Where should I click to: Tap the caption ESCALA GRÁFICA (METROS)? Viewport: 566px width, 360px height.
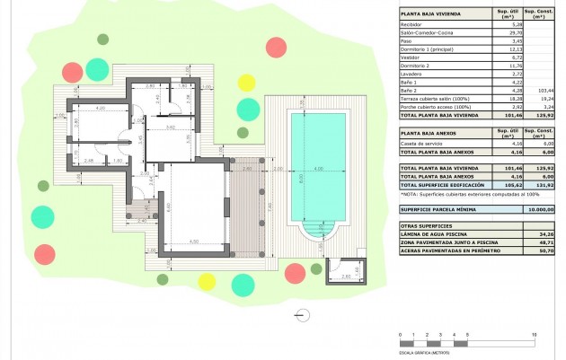click(x=425, y=354)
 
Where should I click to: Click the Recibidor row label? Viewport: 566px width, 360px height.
click(x=412, y=24)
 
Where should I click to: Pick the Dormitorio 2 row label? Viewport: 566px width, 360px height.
click(x=416, y=65)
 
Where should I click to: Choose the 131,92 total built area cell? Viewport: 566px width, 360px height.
click(x=541, y=184)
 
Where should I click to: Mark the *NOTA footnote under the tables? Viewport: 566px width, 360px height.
click(x=458, y=193)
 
